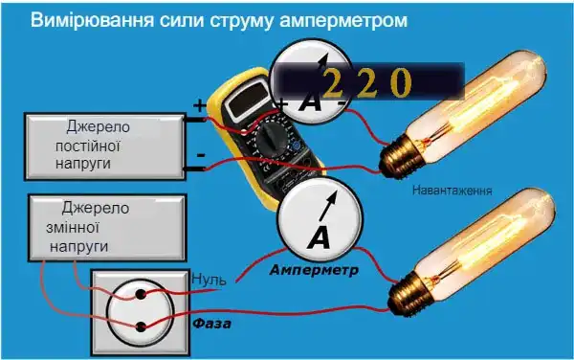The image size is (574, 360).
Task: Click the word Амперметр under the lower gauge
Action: coord(315,270)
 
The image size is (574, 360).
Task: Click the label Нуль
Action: coord(210,280)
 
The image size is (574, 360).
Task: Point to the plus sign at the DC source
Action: coord(200,106)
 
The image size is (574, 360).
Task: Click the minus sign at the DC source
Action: coord(200,153)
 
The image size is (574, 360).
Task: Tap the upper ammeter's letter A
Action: coord(309,102)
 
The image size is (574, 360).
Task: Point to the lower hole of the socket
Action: coord(141,327)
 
